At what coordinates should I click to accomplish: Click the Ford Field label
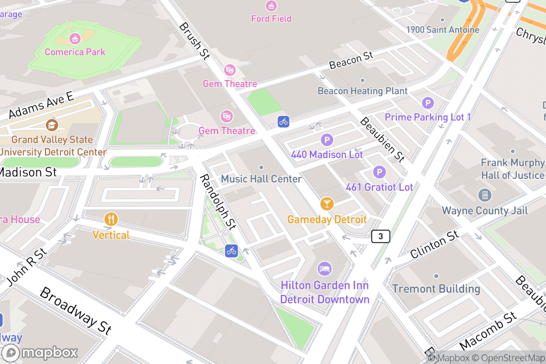(271, 19)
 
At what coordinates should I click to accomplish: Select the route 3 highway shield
(380, 236)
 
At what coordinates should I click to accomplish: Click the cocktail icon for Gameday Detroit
(327, 203)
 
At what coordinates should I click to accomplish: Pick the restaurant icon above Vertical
(111, 219)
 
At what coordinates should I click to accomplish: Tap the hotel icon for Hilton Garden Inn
(324, 268)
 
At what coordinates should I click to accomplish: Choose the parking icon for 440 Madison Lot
(327, 140)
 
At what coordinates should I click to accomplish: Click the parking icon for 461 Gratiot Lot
(379, 172)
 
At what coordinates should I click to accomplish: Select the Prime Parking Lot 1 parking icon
(428, 103)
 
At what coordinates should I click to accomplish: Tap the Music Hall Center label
(261, 179)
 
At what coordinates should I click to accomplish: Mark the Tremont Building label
(436, 288)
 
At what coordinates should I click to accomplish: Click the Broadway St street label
(76, 311)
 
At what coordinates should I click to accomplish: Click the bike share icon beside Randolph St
(232, 250)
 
